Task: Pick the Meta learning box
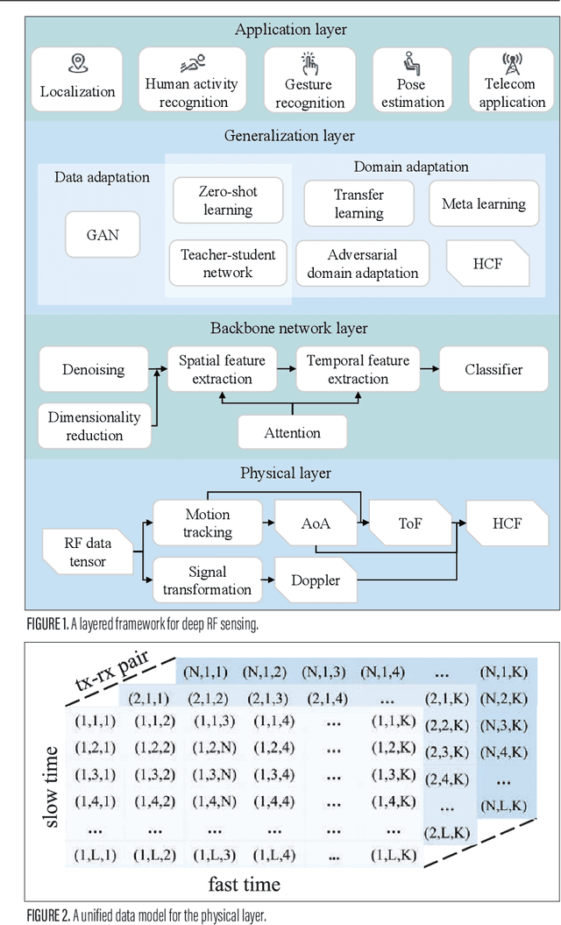484,203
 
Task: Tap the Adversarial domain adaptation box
362,263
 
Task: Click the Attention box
292,432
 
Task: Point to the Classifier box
494,369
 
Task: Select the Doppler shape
316,580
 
